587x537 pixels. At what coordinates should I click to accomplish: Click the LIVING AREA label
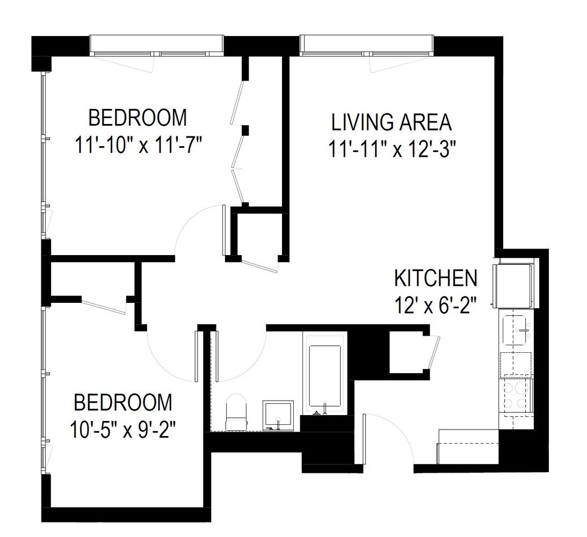click(x=392, y=122)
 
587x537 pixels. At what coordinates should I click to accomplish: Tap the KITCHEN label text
click(x=436, y=278)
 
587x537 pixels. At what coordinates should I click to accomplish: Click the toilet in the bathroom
click(x=236, y=412)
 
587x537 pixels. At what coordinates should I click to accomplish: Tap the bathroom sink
click(x=278, y=415)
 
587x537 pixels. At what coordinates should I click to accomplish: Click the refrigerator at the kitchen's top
click(x=514, y=285)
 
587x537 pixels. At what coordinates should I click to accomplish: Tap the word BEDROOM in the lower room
click(x=124, y=402)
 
